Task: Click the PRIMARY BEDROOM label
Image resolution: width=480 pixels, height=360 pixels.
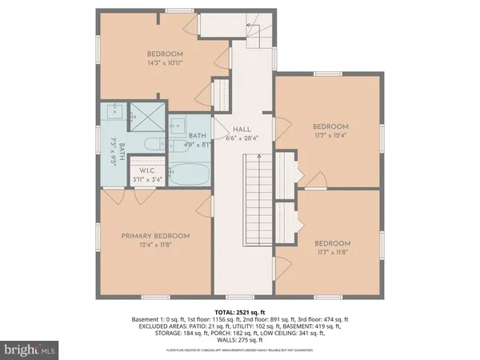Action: tap(155, 236)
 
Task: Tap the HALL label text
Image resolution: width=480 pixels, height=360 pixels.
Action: tap(243, 129)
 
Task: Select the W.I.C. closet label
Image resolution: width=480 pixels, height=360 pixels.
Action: tap(146, 170)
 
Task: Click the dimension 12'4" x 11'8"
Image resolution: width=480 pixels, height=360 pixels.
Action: tap(155, 246)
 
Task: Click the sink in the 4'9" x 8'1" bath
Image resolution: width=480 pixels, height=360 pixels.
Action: tap(178, 124)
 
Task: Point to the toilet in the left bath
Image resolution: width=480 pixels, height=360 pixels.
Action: tap(151, 145)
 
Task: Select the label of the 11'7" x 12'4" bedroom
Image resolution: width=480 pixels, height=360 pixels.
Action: tap(330, 127)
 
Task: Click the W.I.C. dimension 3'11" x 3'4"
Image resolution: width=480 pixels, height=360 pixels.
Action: tap(146, 179)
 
